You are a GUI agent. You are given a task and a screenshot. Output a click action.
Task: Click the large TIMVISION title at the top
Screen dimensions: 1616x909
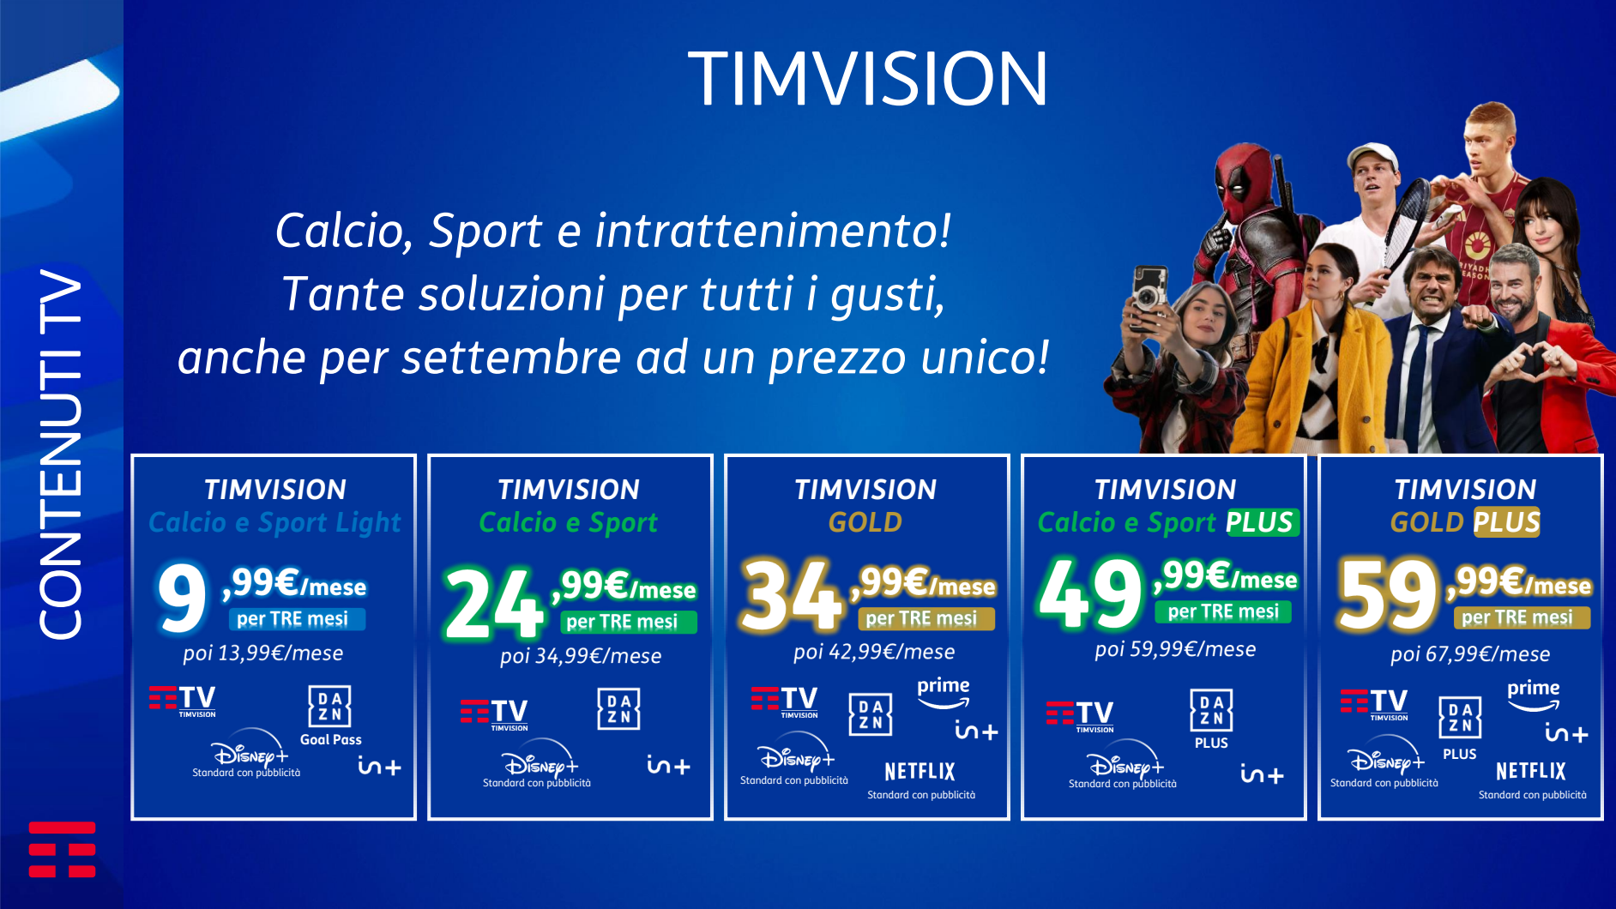pyautogui.click(x=867, y=78)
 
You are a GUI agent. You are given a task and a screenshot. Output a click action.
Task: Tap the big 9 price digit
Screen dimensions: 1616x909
pyautogui.click(x=183, y=598)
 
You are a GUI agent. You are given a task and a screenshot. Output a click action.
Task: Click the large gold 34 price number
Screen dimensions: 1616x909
pyautogui.click(x=792, y=594)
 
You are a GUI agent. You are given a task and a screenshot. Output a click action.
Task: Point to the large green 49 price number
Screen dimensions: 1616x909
pyautogui.click(x=1090, y=592)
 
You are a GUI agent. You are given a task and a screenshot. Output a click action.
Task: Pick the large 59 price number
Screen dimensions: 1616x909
pyautogui.click(x=1388, y=593)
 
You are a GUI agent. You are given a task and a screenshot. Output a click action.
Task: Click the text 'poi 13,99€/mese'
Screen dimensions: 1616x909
pyautogui.click(x=262, y=653)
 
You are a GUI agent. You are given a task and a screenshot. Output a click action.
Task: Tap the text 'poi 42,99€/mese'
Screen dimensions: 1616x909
pyautogui.click(x=874, y=652)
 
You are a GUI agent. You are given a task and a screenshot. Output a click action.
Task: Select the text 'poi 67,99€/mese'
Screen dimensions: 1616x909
pyautogui.click(x=1470, y=654)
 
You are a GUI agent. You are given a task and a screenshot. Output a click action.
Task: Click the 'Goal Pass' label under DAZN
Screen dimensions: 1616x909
pyautogui.click(x=330, y=739)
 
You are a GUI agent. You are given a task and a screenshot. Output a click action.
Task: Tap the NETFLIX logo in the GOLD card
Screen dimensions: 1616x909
pyautogui.click(x=920, y=771)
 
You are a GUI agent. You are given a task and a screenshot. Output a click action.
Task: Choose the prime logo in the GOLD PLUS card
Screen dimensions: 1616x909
pyautogui.click(x=1534, y=695)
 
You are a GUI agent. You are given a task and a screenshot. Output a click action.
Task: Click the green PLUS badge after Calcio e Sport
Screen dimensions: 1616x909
pyautogui.click(x=1260, y=522)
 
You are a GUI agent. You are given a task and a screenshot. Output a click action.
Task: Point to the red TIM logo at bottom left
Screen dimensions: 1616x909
pyautogui.click(x=62, y=850)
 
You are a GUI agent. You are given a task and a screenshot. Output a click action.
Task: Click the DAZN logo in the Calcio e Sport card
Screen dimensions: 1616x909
pyautogui.click(x=618, y=709)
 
